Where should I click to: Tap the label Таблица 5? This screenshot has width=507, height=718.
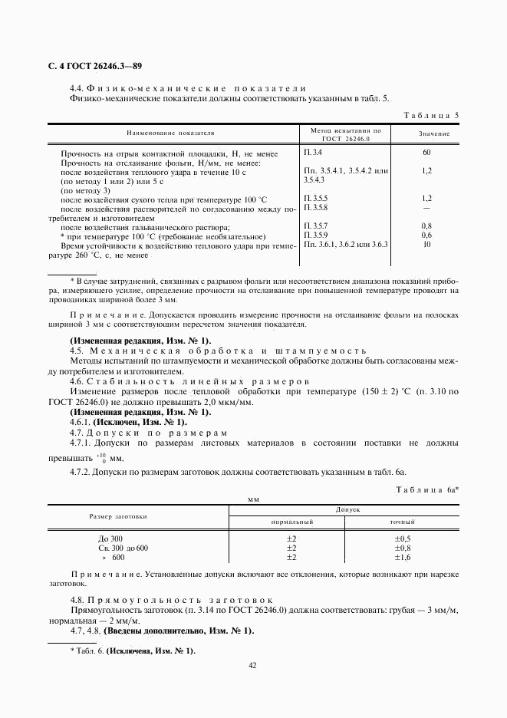(431, 116)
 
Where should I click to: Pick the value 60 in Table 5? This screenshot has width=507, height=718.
(427, 153)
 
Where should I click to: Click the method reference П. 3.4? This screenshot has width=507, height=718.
(314, 153)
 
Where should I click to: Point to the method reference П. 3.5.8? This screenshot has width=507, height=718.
(316, 208)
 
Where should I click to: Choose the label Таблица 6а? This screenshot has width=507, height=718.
(426, 489)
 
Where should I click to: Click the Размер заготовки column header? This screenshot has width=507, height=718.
(118, 515)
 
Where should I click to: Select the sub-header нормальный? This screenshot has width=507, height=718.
(292, 522)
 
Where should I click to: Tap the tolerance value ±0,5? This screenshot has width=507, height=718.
(403, 539)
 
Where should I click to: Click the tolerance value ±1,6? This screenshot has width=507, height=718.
(403, 558)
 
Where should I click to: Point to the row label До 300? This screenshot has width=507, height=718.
(110, 539)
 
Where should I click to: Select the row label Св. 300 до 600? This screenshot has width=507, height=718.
(123, 548)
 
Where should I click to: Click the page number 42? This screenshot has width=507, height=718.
(252, 665)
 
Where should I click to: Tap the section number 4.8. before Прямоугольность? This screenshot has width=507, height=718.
(77, 599)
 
